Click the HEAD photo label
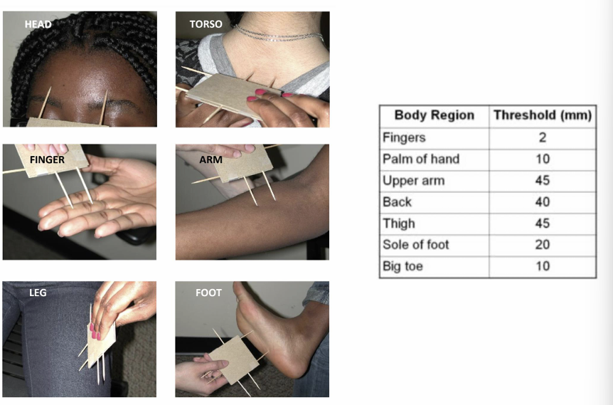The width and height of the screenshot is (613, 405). (38, 25)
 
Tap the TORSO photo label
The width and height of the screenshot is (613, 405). (206, 24)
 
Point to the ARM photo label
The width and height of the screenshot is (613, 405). (211, 160)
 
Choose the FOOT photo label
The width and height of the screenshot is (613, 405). (208, 293)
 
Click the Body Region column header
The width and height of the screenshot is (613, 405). (434, 115)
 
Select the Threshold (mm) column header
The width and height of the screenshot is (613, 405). (542, 115)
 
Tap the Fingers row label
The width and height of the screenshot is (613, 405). (403, 137)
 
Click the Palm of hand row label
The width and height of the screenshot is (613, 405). (420, 159)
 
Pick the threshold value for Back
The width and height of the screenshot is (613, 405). (542, 202)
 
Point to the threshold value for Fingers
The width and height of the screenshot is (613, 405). (542, 137)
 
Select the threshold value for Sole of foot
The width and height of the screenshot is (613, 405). (542, 245)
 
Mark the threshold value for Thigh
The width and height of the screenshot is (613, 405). (542, 223)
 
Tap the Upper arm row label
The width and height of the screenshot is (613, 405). (413, 180)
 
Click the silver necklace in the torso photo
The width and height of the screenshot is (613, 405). (277, 33)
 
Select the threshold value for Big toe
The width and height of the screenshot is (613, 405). (542, 266)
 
